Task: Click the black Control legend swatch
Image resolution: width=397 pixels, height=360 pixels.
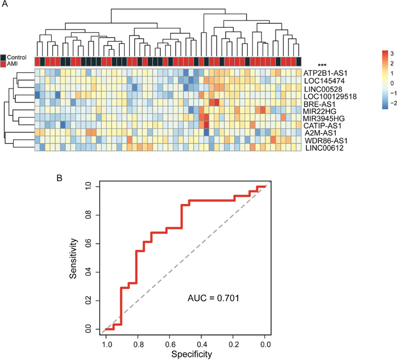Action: [4, 58]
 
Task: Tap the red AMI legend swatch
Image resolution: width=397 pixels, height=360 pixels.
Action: [4, 65]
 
